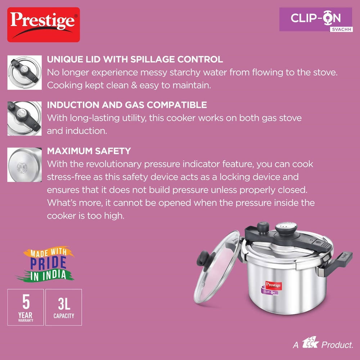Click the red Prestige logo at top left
(x=44, y=24)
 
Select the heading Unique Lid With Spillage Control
(x=135, y=59)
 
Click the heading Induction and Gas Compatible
(x=127, y=105)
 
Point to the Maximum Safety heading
(x=89, y=150)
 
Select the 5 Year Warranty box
(x=26, y=307)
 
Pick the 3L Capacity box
(x=64, y=307)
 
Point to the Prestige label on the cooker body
(x=273, y=285)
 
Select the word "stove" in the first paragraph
(x=324, y=72)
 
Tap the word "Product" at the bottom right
(x=337, y=345)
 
